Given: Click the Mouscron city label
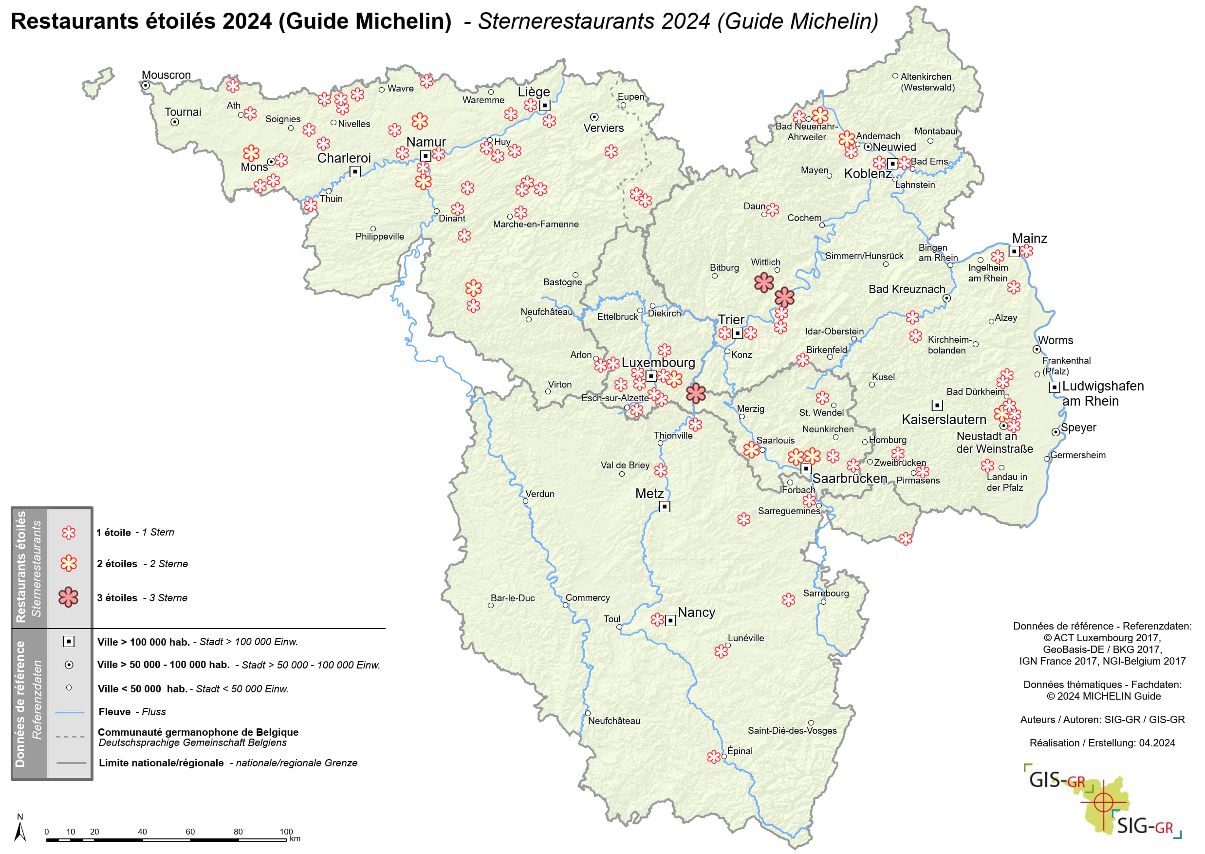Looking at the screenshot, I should click(x=166, y=74).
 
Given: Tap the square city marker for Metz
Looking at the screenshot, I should click(x=665, y=506).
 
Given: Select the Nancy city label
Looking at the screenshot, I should click(x=696, y=612).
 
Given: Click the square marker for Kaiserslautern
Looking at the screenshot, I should click(x=937, y=405).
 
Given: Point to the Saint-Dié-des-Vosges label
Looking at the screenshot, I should click(x=792, y=730).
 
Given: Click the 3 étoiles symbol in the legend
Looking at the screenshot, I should click(x=68, y=597).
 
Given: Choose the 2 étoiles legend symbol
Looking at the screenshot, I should click(x=68, y=563).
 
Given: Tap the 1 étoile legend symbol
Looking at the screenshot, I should click(x=68, y=533).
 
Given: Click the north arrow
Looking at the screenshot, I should click(x=20, y=831).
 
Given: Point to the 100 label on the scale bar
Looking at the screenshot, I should click(x=286, y=832).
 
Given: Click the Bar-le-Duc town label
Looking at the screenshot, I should click(x=513, y=598).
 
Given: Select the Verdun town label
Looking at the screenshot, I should click(x=540, y=494).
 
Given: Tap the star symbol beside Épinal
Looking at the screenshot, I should click(x=713, y=757).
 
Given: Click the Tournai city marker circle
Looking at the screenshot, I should click(x=175, y=122).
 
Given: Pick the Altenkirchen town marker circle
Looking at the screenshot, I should click(x=895, y=76).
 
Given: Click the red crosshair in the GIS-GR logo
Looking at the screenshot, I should click(x=1103, y=802).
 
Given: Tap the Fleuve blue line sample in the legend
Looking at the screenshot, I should click(x=70, y=712).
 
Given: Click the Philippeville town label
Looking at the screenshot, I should click(x=380, y=236).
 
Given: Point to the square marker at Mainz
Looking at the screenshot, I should click(x=1014, y=252).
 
